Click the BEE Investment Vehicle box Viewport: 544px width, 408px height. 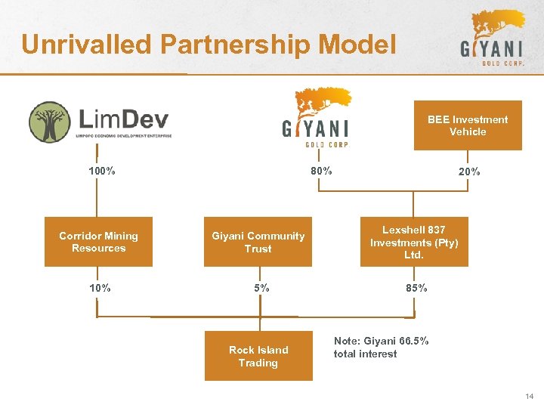point(467,125)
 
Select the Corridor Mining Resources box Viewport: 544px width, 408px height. point(98,242)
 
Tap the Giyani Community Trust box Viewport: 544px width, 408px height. point(258,242)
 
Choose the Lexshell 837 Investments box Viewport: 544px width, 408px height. point(414,242)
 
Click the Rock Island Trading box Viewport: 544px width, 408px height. point(258,356)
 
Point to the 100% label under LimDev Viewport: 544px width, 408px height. point(101,171)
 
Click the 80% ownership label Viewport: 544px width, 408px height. point(321,171)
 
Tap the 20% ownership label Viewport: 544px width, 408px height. point(468,172)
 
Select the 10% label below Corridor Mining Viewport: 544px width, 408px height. point(100,288)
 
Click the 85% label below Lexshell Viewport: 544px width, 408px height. point(416,288)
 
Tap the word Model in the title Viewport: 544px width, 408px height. point(357,45)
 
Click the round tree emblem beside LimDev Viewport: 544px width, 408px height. point(49,122)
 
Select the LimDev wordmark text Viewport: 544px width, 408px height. point(124,119)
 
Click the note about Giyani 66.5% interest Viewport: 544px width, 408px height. point(381,348)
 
